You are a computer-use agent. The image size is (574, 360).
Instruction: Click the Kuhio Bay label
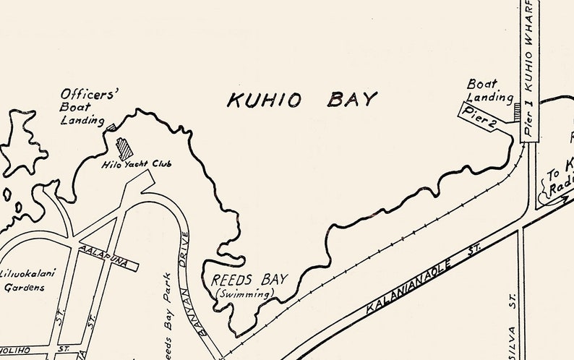coord(301,100)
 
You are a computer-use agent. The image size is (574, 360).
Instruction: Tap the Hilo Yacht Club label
coord(137,164)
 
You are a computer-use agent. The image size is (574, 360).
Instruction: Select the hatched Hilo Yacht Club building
coord(125,147)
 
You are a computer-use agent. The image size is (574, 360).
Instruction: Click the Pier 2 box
coord(480,118)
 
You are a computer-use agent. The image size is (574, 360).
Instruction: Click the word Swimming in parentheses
coord(246,293)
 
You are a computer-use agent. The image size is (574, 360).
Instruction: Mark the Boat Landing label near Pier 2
coord(489,90)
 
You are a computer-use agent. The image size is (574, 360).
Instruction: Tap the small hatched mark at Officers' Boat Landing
coord(111,127)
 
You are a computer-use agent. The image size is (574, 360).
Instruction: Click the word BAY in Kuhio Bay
coord(351,100)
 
